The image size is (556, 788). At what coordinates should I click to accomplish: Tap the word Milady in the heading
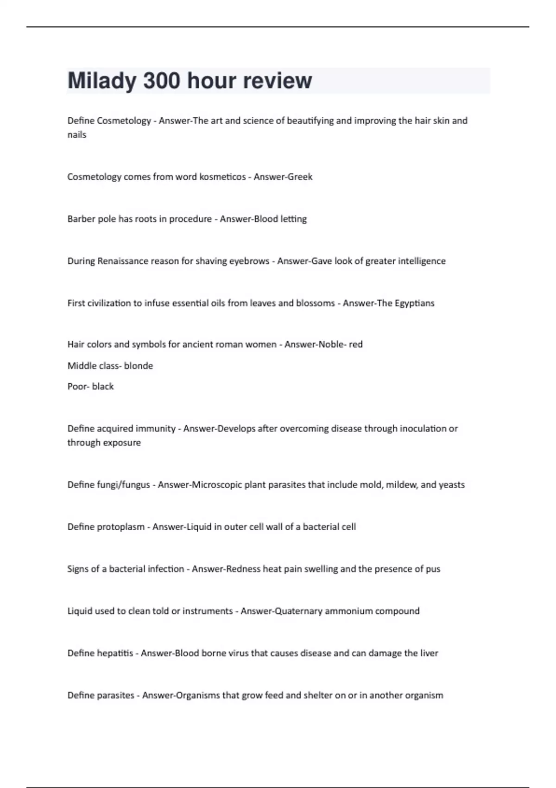[x=102, y=81]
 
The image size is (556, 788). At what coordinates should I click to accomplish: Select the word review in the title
[x=277, y=81]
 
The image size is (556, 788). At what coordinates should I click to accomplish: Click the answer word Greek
[x=300, y=177]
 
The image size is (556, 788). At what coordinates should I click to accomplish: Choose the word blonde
[x=139, y=366]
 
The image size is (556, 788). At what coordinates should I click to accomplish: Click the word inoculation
[x=423, y=428]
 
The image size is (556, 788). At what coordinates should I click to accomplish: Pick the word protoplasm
[x=120, y=527]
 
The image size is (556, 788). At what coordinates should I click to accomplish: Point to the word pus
[x=434, y=569]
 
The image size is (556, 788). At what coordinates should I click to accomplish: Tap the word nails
[x=77, y=135]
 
